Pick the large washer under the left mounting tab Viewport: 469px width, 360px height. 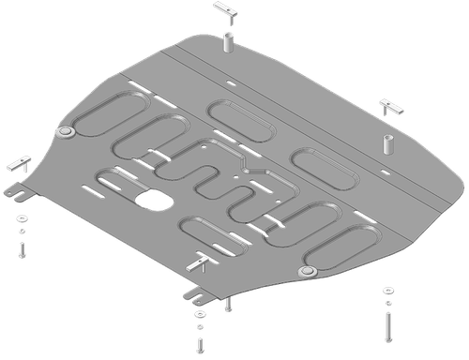click(21, 218)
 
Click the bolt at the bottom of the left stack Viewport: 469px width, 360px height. click(21, 248)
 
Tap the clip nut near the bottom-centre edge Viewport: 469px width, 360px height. click(198, 264)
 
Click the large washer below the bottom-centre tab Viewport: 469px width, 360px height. click(198, 314)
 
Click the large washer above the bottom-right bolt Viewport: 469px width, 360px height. click(386, 292)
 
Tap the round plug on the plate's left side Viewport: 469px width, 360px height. click(66, 134)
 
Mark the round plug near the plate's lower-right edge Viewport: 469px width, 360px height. click(305, 271)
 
